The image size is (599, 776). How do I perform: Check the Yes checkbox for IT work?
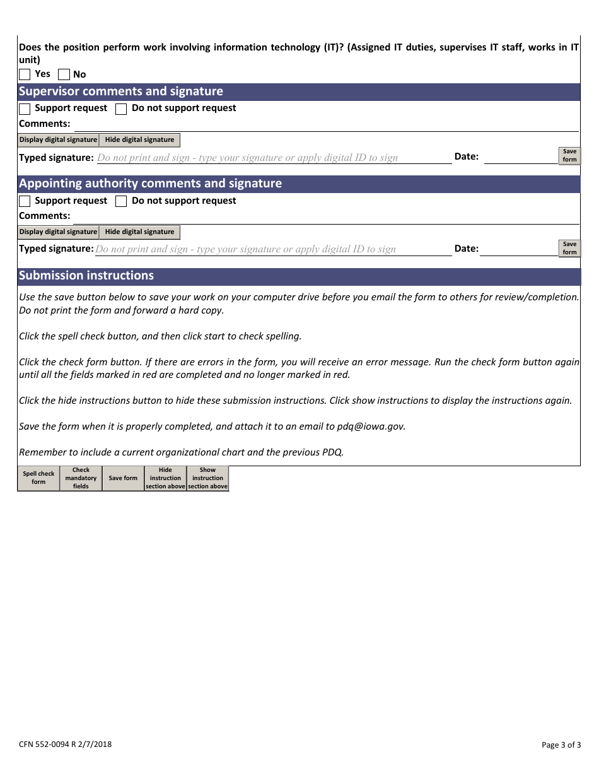click(x=25, y=74)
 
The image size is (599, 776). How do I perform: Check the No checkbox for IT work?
click(x=64, y=74)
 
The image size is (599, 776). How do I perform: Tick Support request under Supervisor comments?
click(x=25, y=109)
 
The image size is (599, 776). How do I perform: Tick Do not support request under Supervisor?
click(x=121, y=109)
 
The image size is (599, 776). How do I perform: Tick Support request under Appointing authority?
click(x=25, y=201)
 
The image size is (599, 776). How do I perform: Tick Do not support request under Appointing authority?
click(x=121, y=201)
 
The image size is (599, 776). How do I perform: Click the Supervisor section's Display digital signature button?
click(x=58, y=140)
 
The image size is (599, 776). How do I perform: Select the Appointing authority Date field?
click(x=520, y=249)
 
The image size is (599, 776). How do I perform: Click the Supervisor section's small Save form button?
click(x=569, y=155)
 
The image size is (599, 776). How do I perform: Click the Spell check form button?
click(x=38, y=478)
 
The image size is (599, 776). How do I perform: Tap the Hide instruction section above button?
click(x=165, y=478)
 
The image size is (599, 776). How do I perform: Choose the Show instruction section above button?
click(x=207, y=478)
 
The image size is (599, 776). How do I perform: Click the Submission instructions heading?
click(x=86, y=276)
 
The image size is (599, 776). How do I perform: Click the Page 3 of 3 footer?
click(x=561, y=745)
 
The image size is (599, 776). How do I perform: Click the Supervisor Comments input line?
click(x=325, y=124)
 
